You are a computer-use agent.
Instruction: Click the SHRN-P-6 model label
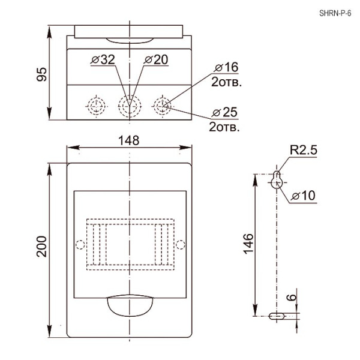point(335,13)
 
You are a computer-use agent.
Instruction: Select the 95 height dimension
point(42,74)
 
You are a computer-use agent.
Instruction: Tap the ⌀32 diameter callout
point(103,59)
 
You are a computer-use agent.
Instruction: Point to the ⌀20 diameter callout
point(156,59)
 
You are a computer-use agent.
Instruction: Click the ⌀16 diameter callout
point(226,67)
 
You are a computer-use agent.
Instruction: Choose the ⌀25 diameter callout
point(224,113)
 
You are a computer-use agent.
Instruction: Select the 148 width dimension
point(129,140)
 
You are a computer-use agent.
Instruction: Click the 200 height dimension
point(41,247)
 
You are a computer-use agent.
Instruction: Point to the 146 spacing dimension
point(248,244)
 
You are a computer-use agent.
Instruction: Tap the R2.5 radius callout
point(304,150)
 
